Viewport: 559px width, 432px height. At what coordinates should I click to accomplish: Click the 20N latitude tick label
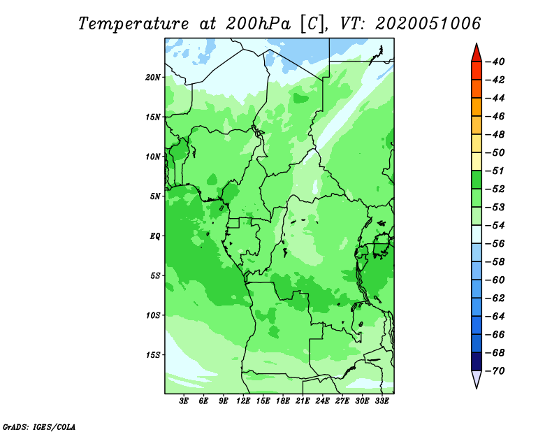153,78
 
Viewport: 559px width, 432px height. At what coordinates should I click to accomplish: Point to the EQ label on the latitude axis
155,236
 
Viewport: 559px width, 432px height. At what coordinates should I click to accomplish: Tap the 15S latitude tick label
153,355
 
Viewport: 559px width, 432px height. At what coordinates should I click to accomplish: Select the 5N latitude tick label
155,196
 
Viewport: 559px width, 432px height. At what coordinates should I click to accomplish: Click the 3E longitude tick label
184,401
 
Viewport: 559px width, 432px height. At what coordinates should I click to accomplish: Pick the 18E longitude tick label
283,401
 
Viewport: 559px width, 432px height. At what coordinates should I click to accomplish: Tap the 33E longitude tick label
382,401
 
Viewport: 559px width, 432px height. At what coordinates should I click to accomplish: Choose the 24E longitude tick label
322,401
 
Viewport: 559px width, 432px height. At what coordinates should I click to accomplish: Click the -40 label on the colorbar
495,62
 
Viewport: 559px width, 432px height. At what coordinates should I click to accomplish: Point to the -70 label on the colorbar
495,371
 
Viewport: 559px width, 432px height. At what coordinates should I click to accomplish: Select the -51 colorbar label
495,171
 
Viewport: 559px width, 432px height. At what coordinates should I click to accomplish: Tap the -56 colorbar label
495,244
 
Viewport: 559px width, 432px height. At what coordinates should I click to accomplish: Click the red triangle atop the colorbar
477,54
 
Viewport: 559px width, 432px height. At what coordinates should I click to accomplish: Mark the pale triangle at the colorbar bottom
477,378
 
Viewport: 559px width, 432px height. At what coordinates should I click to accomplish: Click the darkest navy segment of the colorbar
477,361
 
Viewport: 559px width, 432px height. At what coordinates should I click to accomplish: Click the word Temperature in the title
133,24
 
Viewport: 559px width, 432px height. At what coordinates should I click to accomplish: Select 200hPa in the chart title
259,24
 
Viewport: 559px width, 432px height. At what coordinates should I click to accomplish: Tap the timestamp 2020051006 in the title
428,24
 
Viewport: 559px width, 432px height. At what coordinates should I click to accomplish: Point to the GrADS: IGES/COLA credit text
39,427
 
